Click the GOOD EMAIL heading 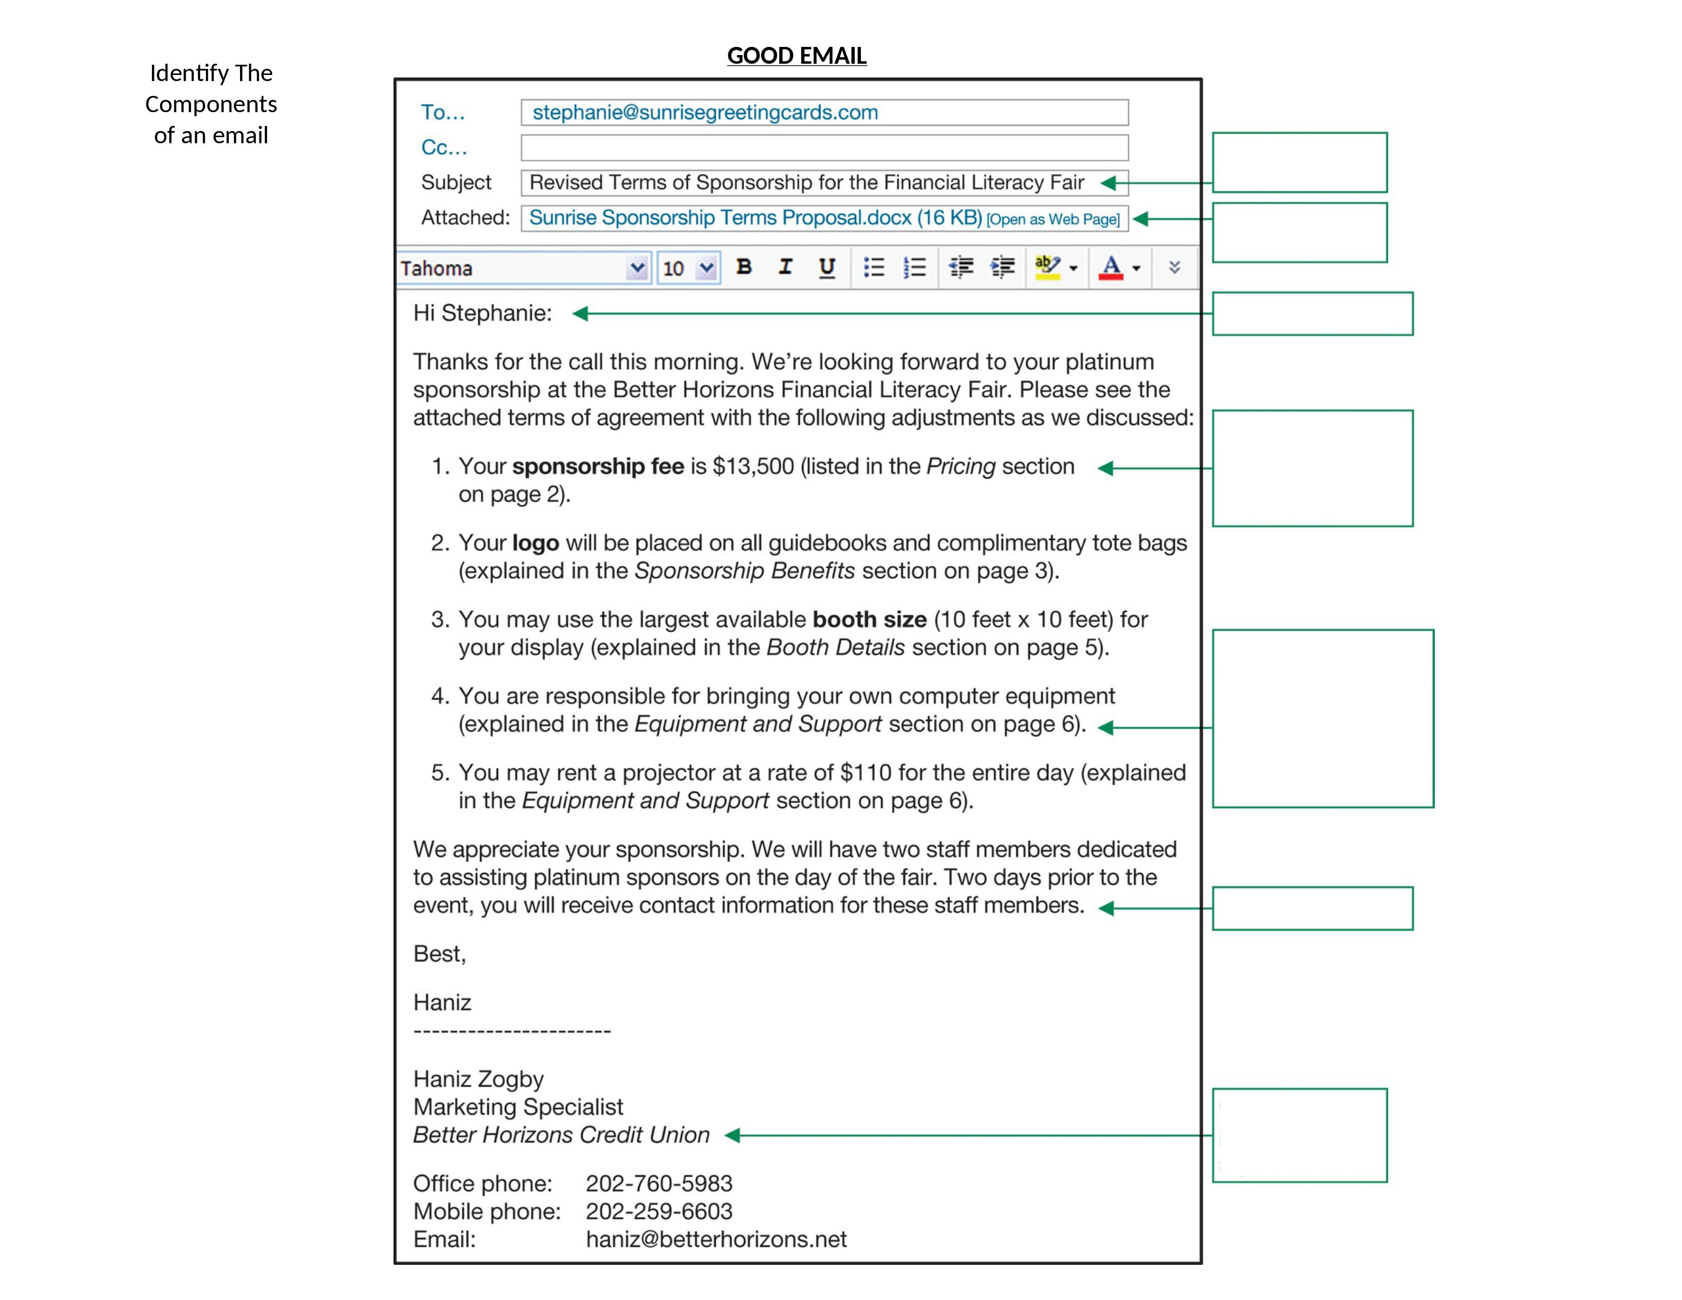click(796, 56)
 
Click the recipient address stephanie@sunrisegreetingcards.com click(705, 113)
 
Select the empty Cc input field click(824, 148)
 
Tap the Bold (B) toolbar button click(743, 267)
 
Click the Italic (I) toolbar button click(785, 267)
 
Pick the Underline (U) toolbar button click(826, 267)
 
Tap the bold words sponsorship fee click(598, 466)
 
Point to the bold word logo click(535, 543)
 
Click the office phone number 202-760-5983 click(659, 1183)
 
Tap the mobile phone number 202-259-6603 click(659, 1211)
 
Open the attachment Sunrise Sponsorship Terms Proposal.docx click(755, 218)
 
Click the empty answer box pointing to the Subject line click(1299, 163)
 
